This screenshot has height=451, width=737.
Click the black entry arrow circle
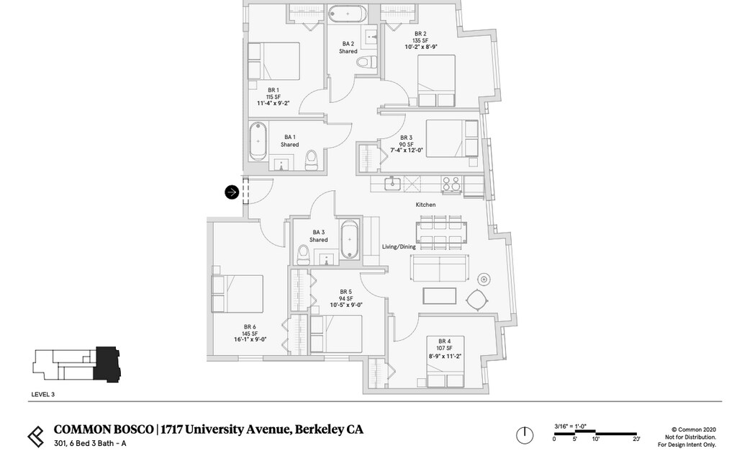[x=232, y=192]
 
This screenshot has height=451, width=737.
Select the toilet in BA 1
[x=312, y=160]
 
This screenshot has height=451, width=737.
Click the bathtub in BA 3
[x=350, y=240]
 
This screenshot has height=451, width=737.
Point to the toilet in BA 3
[x=304, y=254]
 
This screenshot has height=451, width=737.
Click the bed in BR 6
[x=237, y=294]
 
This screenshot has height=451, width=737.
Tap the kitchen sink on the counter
[x=392, y=183]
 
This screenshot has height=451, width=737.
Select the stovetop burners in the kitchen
[x=451, y=184]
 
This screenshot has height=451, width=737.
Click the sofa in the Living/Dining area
[x=438, y=268]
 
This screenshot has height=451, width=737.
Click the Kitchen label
[x=425, y=205]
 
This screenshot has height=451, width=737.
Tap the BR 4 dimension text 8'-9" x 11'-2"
[x=443, y=355]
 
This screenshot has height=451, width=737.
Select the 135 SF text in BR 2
[x=420, y=40]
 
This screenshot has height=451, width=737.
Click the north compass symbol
[x=525, y=435]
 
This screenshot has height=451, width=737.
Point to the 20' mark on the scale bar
[x=636, y=439]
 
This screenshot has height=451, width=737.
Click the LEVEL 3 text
[x=43, y=394]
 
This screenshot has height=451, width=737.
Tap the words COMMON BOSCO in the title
[x=103, y=430]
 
